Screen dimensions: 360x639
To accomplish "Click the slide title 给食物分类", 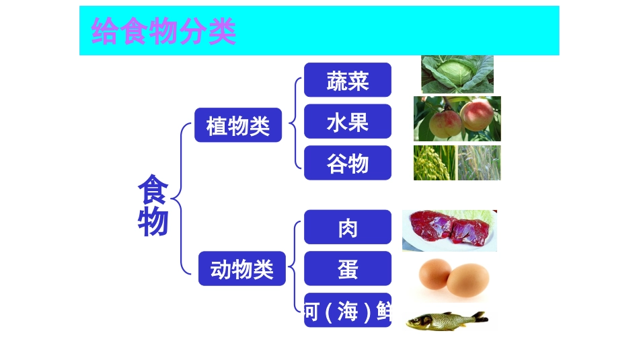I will (x=163, y=31).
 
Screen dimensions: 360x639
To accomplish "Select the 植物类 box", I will (x=237, y=125).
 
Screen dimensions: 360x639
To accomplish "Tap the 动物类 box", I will (x=241, y=268).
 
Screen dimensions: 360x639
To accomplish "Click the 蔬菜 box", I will (x=347, y=80).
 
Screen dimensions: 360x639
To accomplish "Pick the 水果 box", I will (x=347, y=122).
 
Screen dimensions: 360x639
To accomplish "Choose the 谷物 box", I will (x=347, y=163).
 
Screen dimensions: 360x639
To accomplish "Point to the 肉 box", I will (x=347, y=227).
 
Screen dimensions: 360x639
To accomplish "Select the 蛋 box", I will (x=347, y=268).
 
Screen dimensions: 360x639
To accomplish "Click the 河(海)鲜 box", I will (x=347, y=310).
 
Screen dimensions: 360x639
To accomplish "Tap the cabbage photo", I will (x=457, y=74).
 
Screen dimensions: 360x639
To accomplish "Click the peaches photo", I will (x=457, y=118).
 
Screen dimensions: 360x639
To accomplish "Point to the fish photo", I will (x=445, y=320).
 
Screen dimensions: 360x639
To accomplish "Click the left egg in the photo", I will (x=435, y=274).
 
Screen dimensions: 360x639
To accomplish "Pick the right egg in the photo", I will (x=467, y=278).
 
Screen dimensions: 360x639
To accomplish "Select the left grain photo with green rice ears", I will (x=434, y=163).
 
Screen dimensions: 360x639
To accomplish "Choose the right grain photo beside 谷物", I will (x=479, y=163).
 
